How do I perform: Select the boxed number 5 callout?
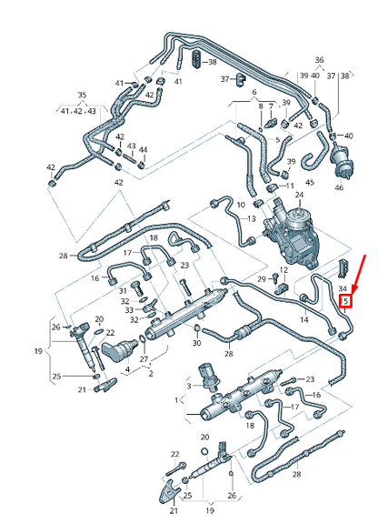tap(343, 299)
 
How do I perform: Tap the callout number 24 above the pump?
tap(299, 195)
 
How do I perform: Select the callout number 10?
tap(240, 205)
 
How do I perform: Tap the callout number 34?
tap(343, 287)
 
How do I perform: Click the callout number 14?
tap(303, 320)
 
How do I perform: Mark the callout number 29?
tap(260, 277)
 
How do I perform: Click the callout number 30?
tap(197, 343)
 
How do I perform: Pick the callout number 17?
tap(128, 252)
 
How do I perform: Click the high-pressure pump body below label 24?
tap(283, 227)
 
